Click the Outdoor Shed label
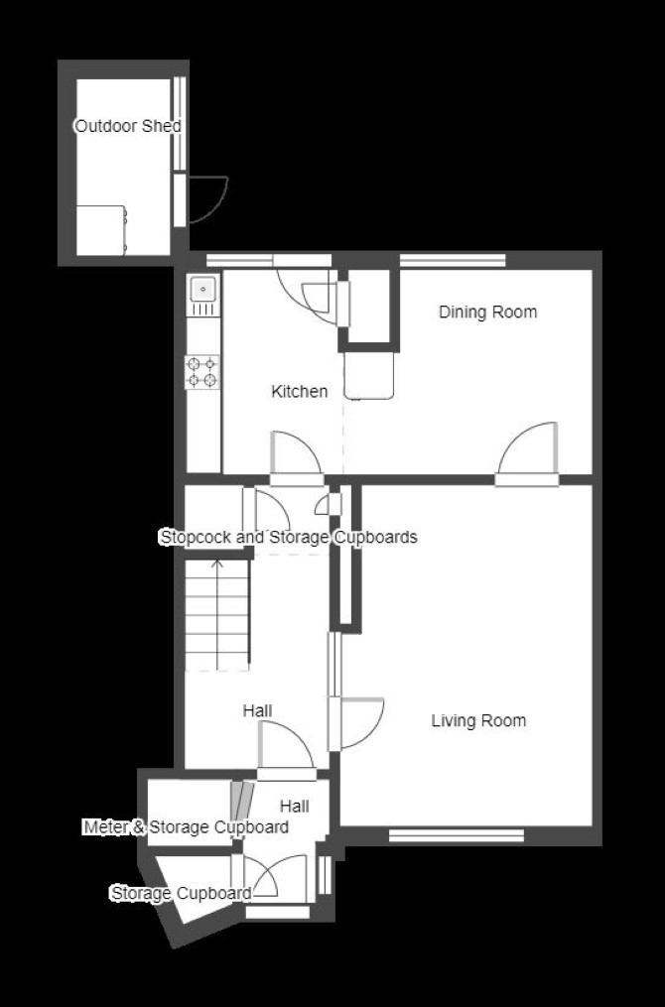(128, 126)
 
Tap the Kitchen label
(300, 391)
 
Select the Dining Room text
(487, 313)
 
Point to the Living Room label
(478, 720)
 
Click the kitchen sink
(203, 295)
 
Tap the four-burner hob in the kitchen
(202, 372)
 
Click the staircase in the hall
(217, 615)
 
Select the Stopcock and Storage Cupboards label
(289, 537)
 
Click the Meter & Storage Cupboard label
(187, 827)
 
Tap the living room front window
(457, 835)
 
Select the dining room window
(453, 260)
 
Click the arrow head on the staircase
(217, 564)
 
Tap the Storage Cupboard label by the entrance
(182, 893)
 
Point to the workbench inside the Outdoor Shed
(101, 230)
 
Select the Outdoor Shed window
(180, 125)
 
